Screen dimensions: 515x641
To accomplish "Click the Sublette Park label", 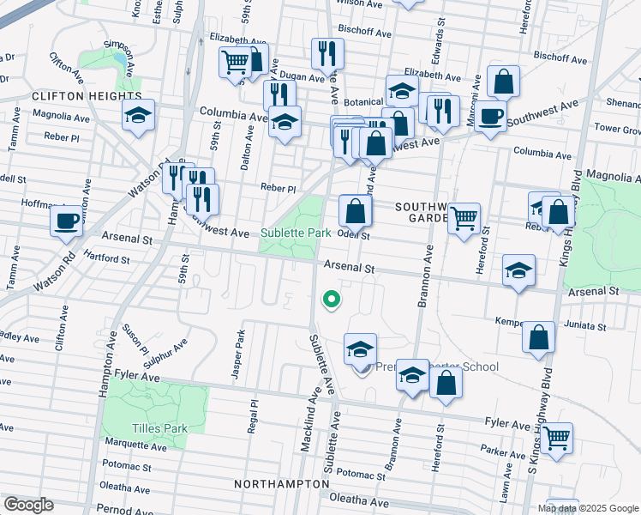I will pos(296,233).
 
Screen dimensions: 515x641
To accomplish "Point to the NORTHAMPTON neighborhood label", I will pos(281,485).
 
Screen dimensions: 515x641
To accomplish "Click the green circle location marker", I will pos(330,300).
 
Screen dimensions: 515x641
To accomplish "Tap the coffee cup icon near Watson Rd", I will pos(66,221).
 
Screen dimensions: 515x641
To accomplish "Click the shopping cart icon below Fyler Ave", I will pos(557,439).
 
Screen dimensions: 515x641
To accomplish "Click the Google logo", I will pos(28,505).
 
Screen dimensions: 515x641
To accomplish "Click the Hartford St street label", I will pos(107,258).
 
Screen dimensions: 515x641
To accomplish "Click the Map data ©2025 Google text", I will pos(588,508).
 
